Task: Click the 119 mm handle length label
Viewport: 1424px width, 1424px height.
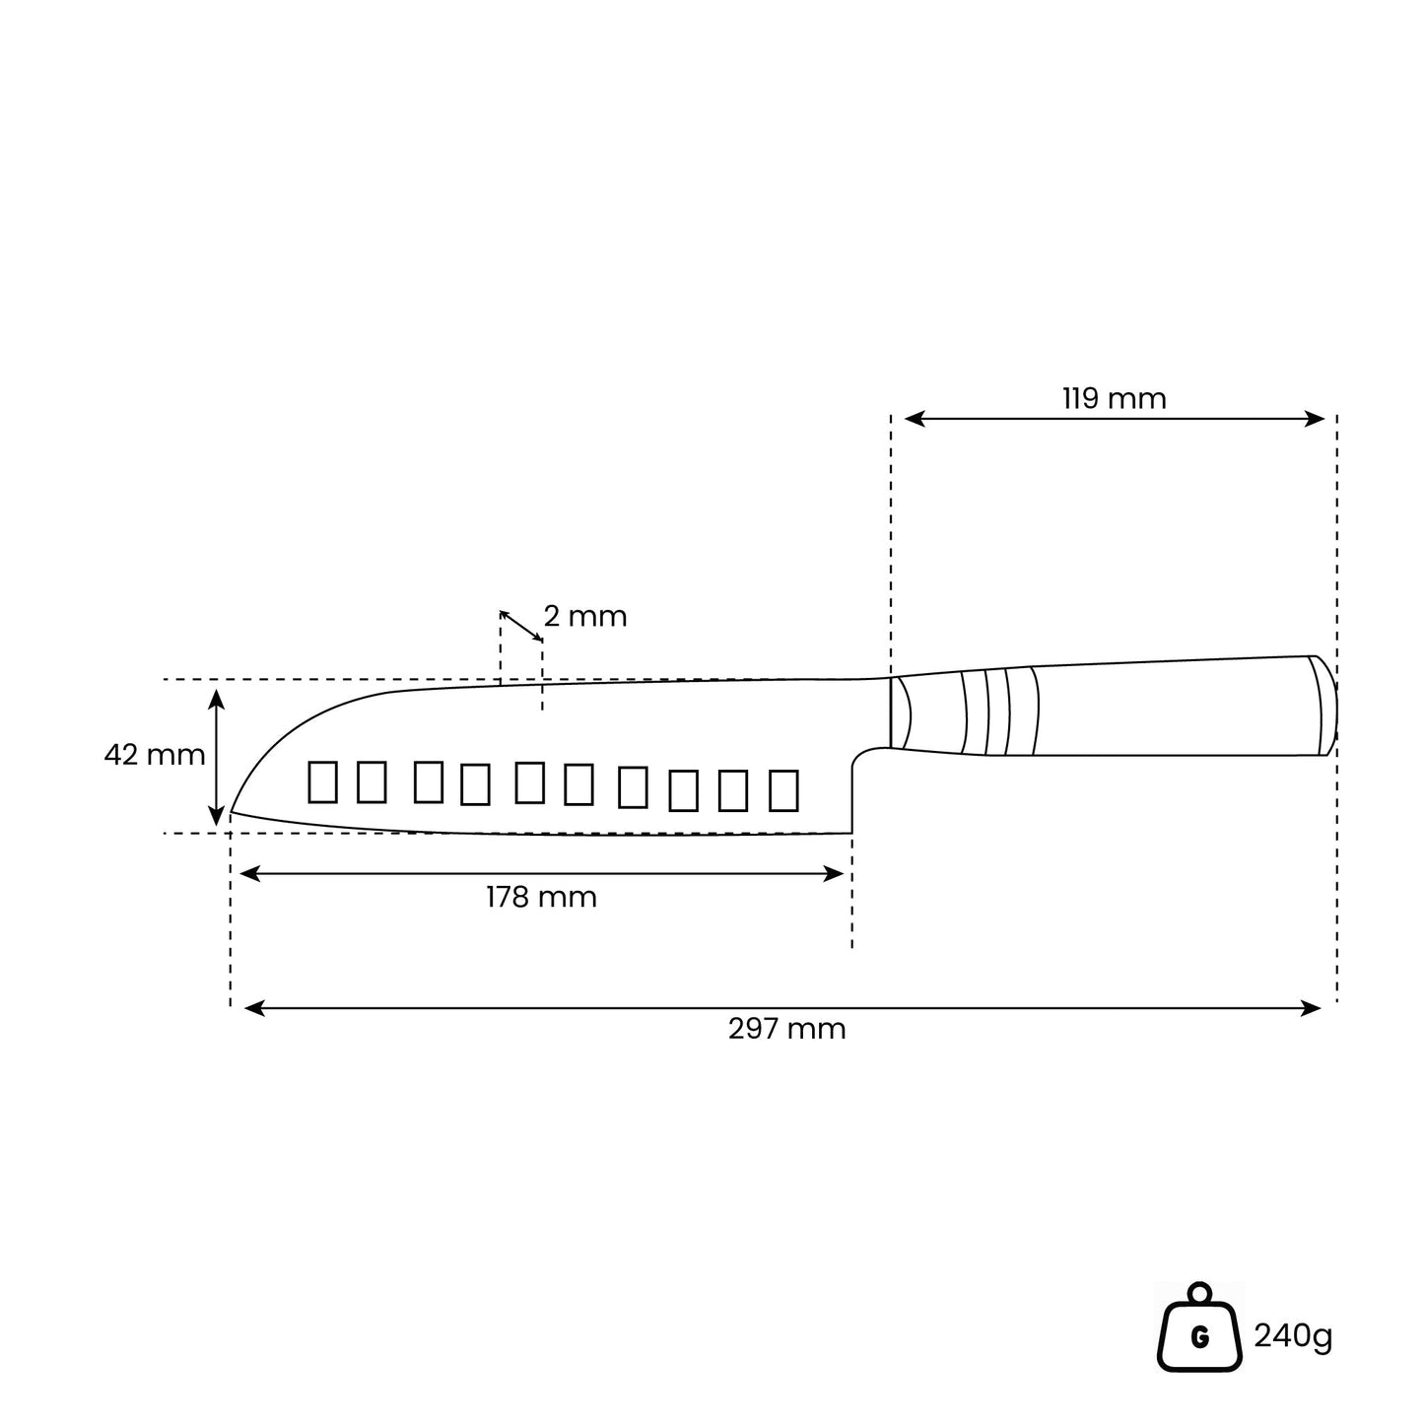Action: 1115,399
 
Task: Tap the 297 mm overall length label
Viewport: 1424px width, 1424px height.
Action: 787,1029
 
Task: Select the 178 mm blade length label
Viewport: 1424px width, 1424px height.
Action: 541,897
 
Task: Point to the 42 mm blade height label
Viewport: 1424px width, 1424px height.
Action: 155,755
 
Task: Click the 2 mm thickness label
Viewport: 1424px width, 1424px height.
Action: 585,616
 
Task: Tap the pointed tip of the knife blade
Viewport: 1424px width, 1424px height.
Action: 232,812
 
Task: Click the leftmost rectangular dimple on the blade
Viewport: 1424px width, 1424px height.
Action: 322,781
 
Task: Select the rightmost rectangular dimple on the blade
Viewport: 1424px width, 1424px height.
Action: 784,790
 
